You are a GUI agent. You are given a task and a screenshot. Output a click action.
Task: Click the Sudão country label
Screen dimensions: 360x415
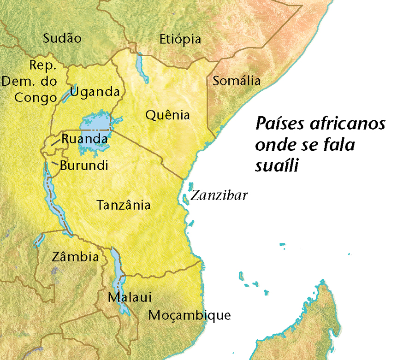(x=62, y=38)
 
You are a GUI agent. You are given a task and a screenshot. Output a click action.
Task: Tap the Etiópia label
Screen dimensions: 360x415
(x=180, y=39)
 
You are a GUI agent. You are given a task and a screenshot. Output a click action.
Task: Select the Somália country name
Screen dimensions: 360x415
(x=236, y=81)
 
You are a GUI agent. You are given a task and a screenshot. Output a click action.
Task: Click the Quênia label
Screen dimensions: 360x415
(x=167, y=115)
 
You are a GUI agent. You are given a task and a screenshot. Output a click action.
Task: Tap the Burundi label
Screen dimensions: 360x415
(x=84, y=165)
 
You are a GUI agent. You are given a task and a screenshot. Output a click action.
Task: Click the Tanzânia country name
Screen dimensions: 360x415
(x=124, y=205)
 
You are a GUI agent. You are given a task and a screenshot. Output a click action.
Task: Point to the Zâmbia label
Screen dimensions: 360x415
(x=75, y=256)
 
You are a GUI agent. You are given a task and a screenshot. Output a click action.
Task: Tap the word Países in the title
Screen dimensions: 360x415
(x=279, y=124)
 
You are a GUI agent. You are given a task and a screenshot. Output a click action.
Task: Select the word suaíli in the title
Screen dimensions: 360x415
(x=275, y=165)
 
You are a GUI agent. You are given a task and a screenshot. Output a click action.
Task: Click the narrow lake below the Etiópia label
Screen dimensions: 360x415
(x=142, y=67)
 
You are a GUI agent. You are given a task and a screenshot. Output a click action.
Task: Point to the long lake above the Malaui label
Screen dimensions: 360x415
(x=119, y=272)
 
